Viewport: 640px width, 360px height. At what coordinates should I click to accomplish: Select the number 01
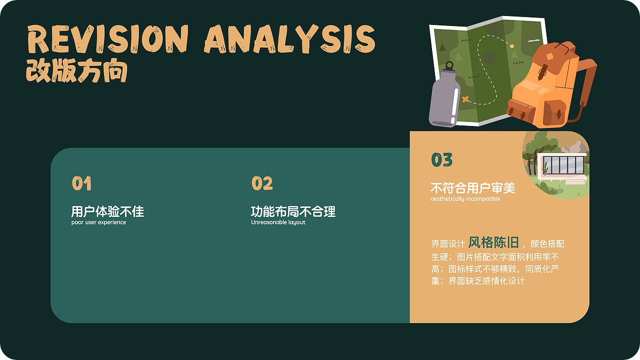point(81,183)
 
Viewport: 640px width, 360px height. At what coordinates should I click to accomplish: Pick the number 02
point(262,183)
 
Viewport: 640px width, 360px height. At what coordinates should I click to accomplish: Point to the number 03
point(441,160)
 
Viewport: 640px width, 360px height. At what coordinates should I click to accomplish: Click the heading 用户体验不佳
point(107,211)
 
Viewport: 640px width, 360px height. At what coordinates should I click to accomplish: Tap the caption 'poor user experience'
point(98,222)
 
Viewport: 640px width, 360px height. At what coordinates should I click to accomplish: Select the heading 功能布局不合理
point(293,211)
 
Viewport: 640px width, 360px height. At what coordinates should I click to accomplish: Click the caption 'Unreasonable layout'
point(278,222)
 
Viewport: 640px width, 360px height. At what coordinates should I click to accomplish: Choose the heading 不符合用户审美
point(472,188)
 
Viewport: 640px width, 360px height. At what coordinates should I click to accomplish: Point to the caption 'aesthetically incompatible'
point(465,199)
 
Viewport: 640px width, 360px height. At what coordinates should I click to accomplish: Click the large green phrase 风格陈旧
point(493,243)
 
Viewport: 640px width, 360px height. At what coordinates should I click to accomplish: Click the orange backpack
point(545,87)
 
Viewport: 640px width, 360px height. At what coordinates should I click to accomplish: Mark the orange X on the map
point(466,99)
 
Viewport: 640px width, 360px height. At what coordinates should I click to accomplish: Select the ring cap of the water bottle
point(449,65)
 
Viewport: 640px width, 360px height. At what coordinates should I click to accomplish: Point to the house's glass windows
point(563,164)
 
